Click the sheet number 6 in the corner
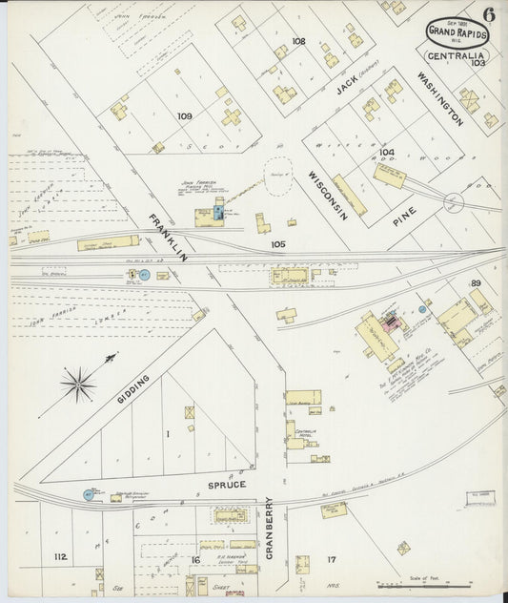(488, 13)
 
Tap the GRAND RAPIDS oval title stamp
(457, 33)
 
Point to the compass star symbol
(77, 385)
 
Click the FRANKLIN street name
(167, 239)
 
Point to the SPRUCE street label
(226, 485)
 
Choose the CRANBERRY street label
(269, 528)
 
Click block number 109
(184, 116)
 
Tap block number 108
(298, 41)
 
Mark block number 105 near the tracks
(277, 244)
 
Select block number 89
(476, 283)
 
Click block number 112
(61, 556)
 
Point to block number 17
(332, 559)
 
